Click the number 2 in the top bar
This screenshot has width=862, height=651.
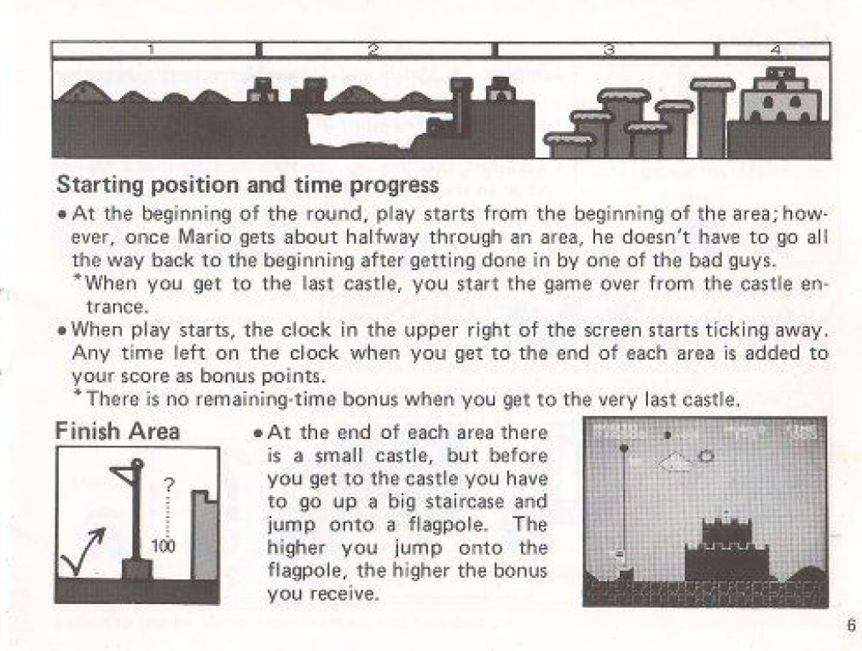(x=373, y=50)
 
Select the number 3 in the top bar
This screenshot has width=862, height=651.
(x=608, y=50)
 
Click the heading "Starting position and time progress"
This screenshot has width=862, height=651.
(x=247, y=184)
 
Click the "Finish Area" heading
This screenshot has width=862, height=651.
(x=117, y=432)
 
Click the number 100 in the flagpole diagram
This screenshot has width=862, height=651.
(x=163, y=546)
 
